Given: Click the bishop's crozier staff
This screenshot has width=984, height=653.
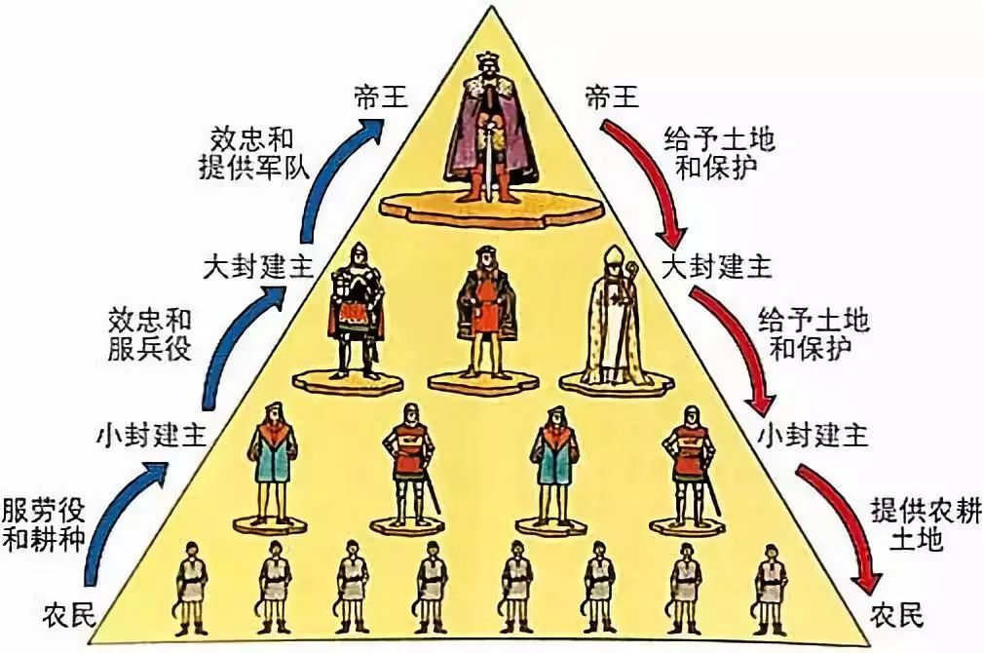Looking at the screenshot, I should (630, 312).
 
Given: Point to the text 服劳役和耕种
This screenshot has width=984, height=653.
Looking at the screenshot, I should (41, 523).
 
